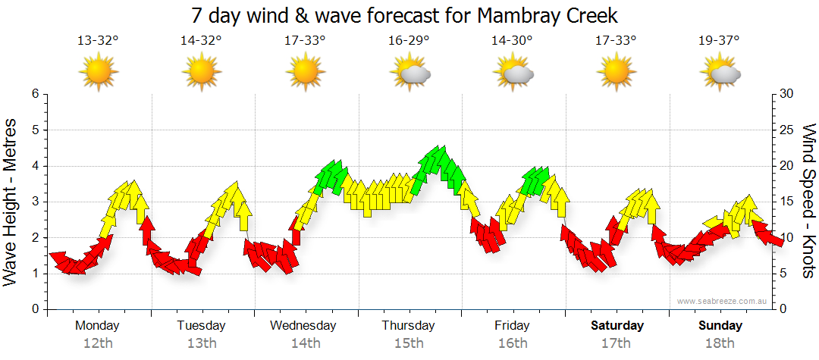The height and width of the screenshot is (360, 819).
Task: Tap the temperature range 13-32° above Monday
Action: point(98,41)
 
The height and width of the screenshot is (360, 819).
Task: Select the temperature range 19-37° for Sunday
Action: point(719,41)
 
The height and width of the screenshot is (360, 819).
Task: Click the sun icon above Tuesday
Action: point(201,73)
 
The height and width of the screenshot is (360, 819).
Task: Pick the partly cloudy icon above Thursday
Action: point(410,73)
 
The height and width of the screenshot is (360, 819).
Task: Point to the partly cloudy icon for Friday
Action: point(513,73)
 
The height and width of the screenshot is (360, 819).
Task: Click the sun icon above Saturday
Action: point(616,73)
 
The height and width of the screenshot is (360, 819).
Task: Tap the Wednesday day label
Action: point(303,326)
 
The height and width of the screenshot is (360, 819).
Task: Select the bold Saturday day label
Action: point(617,326)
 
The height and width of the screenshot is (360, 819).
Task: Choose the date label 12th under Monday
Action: point(98,343)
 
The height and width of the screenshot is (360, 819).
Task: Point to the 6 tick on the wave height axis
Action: point(34,94)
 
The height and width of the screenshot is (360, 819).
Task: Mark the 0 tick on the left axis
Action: point(34,310)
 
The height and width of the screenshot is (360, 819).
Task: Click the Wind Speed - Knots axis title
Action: point(808,202)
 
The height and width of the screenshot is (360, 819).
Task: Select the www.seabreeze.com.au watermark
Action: point(723,301)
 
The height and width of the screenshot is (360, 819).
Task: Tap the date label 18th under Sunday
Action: point(720,343)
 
